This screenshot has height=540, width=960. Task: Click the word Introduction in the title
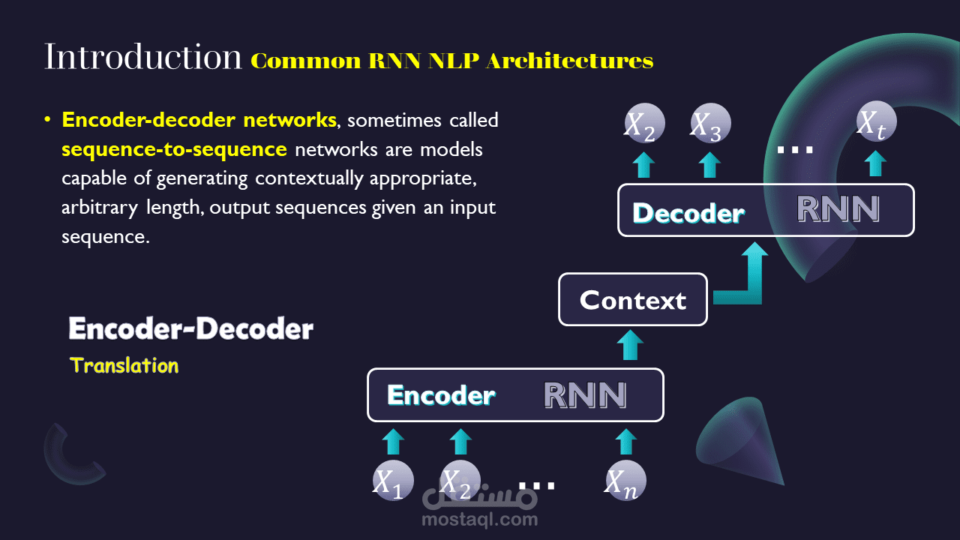(142, 57)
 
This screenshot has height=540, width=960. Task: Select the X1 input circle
(393, 481)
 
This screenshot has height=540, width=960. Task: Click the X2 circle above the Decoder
(643, 124)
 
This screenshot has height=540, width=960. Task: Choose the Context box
(633, 300)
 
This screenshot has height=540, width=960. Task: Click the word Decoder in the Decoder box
(688, 213)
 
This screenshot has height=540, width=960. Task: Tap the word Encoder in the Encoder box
(441, 395)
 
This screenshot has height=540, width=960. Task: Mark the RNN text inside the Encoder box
(585, 395)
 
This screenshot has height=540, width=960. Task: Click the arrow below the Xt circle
(874, 163)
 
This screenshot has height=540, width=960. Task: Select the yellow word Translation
(124, 366)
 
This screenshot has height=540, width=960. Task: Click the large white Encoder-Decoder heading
(190, 328)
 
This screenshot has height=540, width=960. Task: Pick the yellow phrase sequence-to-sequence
(174, 149)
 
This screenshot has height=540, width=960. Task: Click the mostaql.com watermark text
(480, 519)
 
